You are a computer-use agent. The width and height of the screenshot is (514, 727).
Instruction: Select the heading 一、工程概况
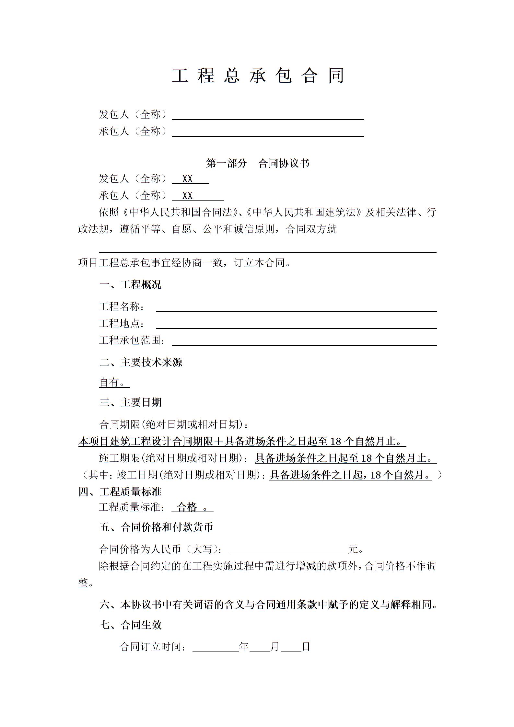pos(130,285)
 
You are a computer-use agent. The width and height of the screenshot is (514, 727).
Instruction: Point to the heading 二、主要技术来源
pos(141,362)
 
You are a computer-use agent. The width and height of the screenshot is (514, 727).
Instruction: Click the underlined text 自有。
pos(112,383)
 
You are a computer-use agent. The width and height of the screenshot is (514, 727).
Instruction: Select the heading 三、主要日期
pos(130,402)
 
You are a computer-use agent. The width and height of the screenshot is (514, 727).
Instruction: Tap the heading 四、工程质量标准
pos(120,492)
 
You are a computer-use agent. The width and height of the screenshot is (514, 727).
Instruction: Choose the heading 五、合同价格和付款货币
pos(156,527)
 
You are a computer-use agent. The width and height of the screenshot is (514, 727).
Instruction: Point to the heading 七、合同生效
pos(130,625)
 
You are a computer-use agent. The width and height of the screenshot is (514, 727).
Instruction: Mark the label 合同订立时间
pos(153,647)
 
